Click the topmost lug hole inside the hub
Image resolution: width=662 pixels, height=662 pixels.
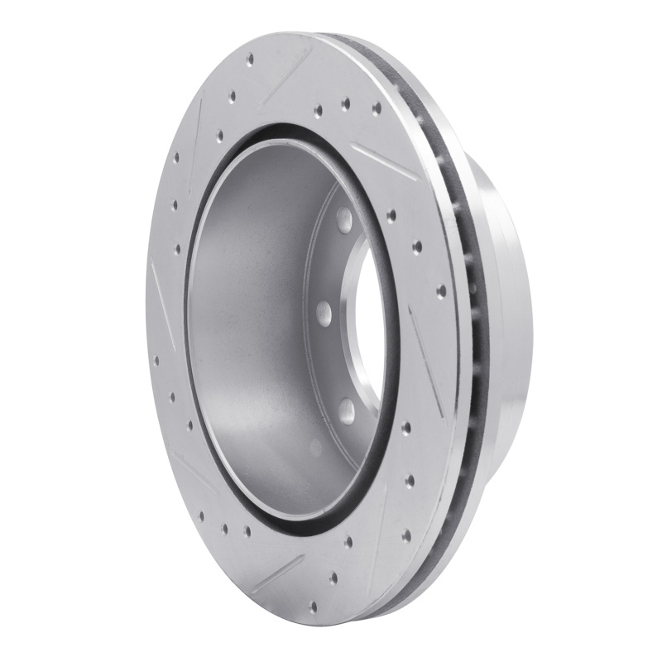pyautogui.click(x=343, y=218)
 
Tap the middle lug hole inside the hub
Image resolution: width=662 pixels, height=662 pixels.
pyautogui.click(x=324, y=311)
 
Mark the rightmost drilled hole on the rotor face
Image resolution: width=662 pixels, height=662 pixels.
pyautogui.click(x=441, y=290)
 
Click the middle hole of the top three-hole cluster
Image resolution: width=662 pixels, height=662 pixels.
pyautogui.click(x=346, y=104)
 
